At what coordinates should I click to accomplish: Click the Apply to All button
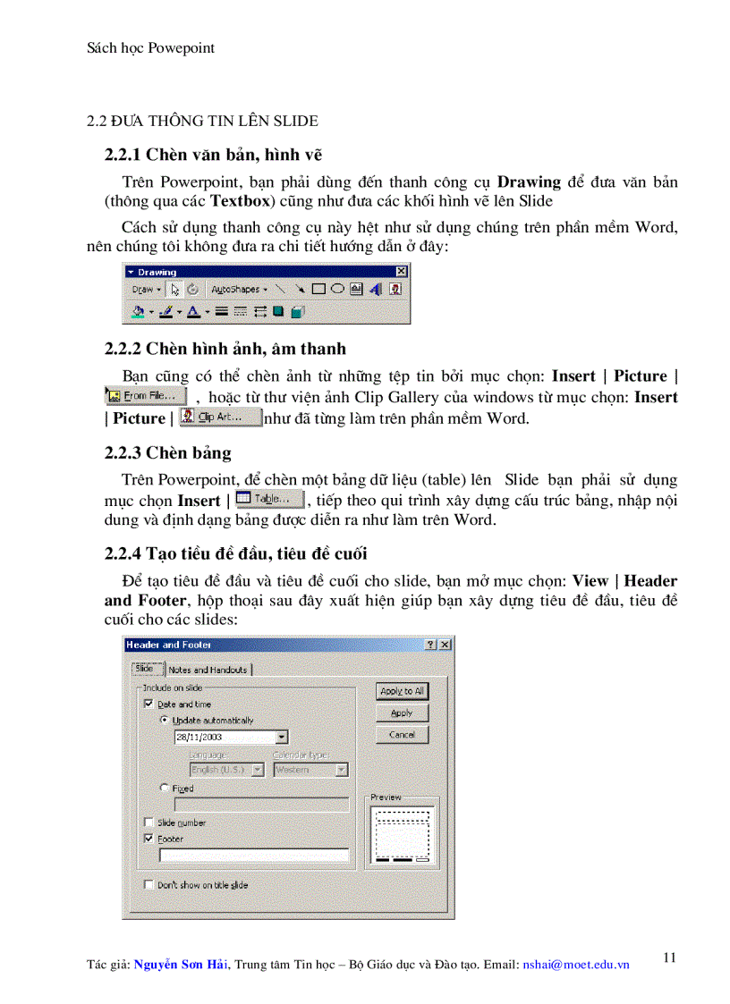point(402,691)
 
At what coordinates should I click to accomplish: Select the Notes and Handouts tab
point(208,670)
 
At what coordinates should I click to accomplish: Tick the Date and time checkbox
point(149,704)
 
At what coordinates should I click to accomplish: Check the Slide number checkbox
point(149,823)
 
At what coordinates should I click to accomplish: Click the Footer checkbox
point(149,839)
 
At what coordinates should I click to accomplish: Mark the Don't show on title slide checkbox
point(149,884)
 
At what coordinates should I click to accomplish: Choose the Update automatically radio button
point(165,720)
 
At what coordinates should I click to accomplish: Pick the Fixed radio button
point(165,789)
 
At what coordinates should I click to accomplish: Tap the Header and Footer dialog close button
point(445,645)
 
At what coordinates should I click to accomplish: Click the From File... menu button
point(146,395)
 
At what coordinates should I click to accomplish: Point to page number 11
point(669,958)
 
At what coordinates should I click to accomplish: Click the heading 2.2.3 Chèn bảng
point(167,452)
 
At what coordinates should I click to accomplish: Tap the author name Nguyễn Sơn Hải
point(181,965)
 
